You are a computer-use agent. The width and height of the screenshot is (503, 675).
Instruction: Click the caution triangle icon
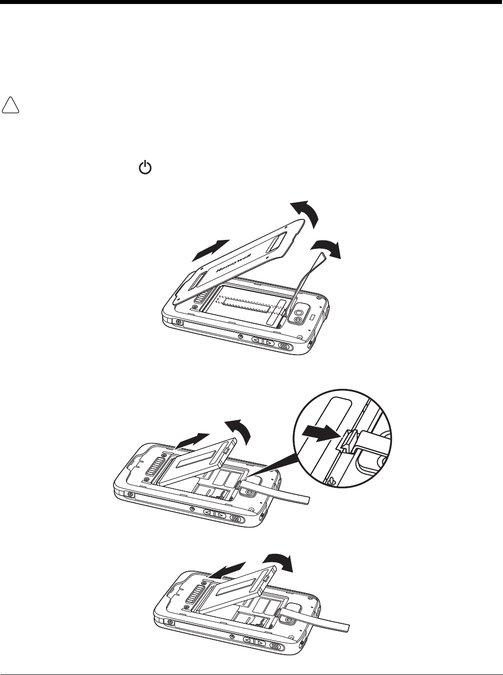10,105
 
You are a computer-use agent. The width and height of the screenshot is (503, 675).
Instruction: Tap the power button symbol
145,168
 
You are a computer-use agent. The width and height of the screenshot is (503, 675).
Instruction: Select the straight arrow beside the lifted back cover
210,250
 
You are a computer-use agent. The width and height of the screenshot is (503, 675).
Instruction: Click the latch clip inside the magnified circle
349,442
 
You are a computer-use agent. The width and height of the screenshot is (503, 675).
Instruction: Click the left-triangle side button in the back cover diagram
257,341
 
